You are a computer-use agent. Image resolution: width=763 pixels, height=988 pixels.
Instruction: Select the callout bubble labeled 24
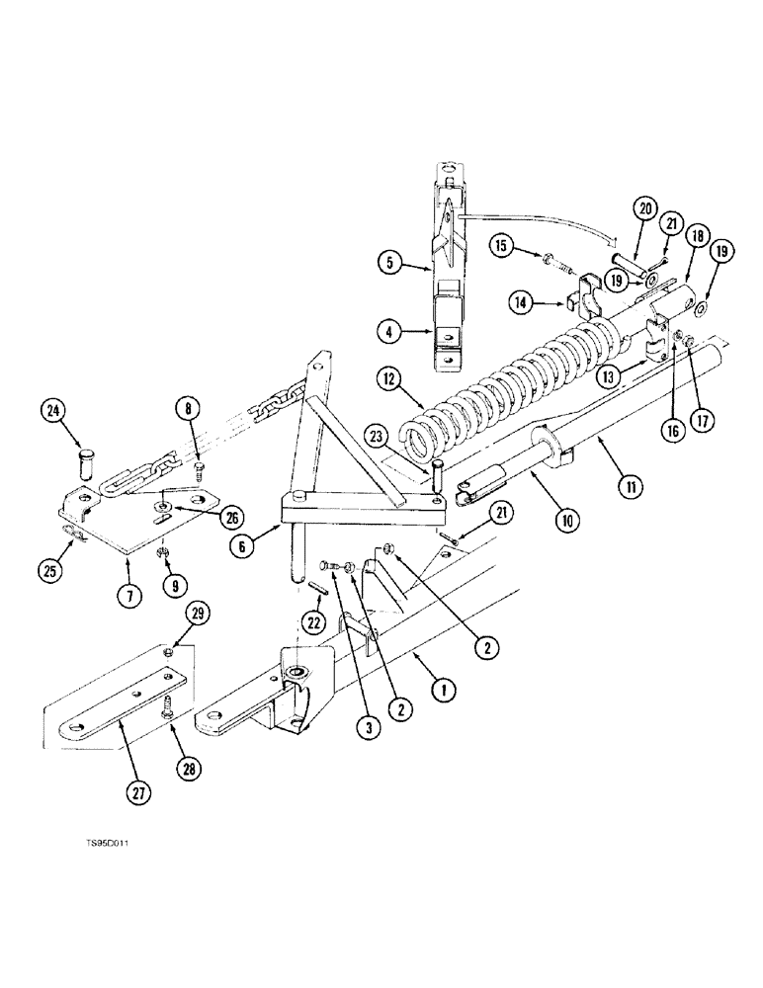click(x=53, y=408)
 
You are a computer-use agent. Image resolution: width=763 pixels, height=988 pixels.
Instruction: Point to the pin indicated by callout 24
click(x=86, y=461)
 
